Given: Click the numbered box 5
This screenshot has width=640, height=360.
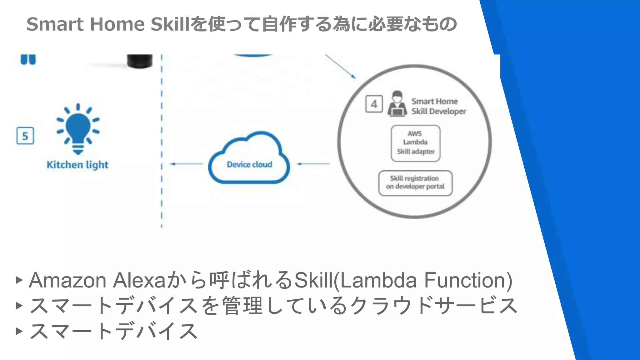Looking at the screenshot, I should (x=25, y=136).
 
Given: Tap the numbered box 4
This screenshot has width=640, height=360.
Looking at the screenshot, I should (x=374, y=104).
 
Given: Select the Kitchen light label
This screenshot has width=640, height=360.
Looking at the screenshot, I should (x=77, y=165).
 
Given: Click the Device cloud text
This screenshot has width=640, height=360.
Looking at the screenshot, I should (x=249, y=164).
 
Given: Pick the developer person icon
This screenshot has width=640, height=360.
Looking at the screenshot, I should (x=397, y=104).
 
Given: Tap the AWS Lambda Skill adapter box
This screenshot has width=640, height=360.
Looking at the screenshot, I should (x=415, y=143).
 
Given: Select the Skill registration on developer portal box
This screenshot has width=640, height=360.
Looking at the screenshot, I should (x=415, y=183).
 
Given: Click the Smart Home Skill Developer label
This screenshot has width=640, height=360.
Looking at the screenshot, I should (x=438, y=106).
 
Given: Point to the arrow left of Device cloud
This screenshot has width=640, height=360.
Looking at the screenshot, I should (x=187, y=164).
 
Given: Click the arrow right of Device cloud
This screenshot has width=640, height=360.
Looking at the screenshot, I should (x=313, y=164).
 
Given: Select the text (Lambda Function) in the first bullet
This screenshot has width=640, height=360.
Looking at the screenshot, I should (x=423, y=280).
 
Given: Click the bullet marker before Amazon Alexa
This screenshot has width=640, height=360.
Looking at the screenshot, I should (x=19, y=280).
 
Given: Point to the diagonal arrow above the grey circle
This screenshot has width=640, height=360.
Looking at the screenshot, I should (x=341, y=67).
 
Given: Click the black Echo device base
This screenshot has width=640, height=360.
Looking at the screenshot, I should (x=140, y=61).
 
